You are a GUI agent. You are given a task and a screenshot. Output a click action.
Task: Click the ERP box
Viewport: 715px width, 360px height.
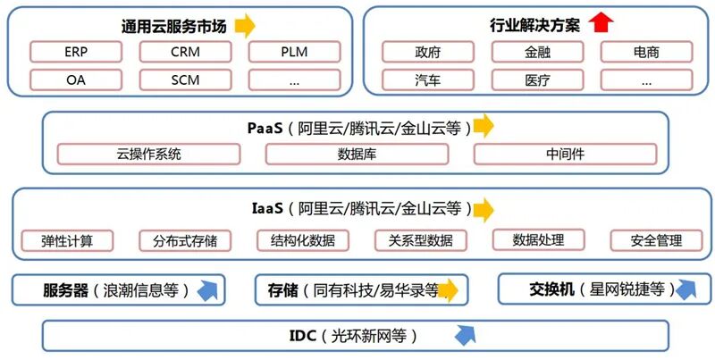pos(76,52)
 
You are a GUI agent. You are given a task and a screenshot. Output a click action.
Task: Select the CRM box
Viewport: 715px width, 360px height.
pos(185,52)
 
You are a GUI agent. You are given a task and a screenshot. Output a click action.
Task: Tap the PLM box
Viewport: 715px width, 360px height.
pos(294,52)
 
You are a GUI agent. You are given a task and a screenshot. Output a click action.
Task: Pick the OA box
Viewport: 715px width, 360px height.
pos(76,80)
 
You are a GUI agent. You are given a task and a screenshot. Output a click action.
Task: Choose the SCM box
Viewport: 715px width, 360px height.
pos(185,80)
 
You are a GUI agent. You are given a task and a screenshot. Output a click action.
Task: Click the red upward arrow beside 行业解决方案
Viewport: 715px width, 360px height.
pos(601,23)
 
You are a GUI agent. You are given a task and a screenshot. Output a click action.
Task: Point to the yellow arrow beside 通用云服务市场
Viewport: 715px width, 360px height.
pos(245,26)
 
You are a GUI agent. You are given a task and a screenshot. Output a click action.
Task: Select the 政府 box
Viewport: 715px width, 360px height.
pos(428,52)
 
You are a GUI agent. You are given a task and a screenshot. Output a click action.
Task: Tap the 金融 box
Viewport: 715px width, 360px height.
pos(537,52)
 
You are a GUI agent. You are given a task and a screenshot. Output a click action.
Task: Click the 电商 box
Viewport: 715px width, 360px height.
pos(646,52)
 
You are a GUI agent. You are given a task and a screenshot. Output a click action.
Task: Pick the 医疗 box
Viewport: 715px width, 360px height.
pos(537,80)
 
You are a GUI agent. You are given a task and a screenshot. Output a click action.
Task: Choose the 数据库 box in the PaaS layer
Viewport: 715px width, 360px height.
pos(357,154)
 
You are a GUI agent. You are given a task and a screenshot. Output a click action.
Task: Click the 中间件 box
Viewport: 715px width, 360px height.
pos(565,154)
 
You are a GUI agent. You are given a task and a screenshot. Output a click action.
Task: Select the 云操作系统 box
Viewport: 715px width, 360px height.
pos(148,154)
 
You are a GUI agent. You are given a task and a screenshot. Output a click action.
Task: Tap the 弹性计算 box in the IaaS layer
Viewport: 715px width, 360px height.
pos(67,240)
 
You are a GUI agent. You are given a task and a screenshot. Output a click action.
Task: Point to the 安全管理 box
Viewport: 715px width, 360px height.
pos(656,240)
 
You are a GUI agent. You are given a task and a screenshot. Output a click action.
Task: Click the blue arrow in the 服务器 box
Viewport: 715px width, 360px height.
pos(207,290)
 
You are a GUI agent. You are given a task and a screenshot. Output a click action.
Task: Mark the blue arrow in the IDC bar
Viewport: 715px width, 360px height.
pos(466,335)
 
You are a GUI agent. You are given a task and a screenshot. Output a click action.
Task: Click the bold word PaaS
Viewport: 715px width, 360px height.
pos(265,129)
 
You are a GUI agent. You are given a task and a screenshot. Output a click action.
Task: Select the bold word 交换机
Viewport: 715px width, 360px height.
pos(551,289)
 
